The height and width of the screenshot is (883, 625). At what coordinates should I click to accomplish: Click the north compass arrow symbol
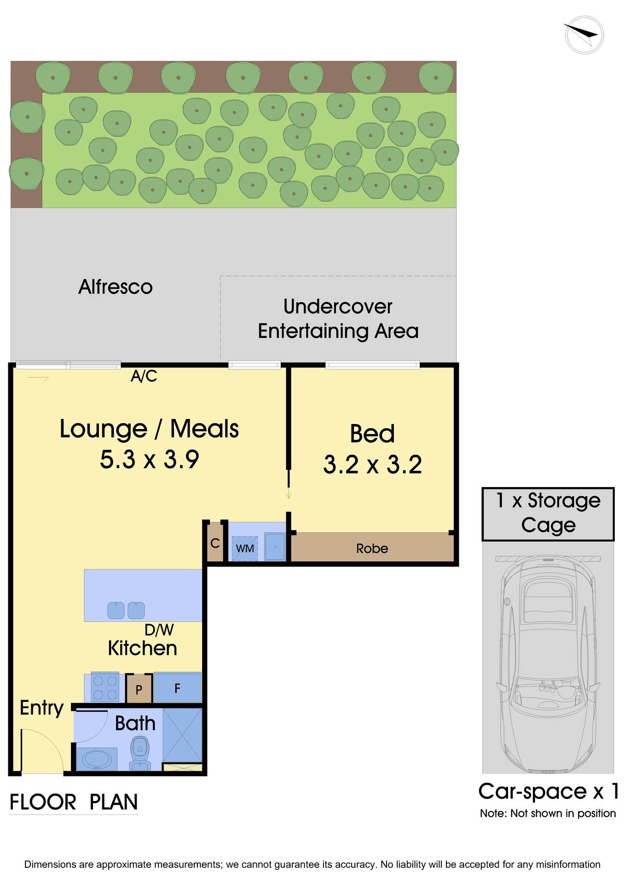[584, 34]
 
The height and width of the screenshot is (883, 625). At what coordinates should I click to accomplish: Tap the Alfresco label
[115, 287]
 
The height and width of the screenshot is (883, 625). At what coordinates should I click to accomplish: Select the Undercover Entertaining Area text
[338, 319]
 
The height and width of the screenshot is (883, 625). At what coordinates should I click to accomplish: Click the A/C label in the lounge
[144, 376]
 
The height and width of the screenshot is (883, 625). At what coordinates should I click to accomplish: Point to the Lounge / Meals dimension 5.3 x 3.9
[149, 459]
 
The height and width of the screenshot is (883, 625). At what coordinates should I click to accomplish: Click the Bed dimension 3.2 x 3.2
[372, 464]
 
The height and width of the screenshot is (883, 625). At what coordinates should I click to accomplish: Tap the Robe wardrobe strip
[372, 548]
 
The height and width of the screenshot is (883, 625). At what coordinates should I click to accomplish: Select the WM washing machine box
[244, 548]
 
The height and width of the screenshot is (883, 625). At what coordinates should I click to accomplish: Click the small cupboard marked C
[214, 544]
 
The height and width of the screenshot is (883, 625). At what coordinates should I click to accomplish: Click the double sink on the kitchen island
[126, 610]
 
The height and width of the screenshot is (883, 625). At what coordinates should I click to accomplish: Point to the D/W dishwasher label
[159, 630]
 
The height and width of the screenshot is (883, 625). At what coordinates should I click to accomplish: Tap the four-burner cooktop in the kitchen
[104, 687]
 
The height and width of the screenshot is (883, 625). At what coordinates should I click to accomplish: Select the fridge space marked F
[177, 688]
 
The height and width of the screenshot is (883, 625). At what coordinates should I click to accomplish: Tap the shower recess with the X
[182, 735]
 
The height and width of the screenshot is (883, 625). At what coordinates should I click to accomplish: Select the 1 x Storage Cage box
[548, 513]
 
